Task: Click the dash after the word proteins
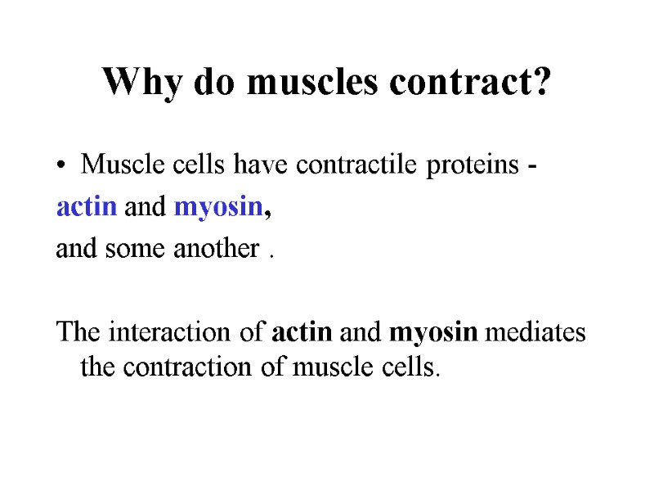(532, 168)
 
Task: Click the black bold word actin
(301, 333)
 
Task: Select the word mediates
(537, 333)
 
